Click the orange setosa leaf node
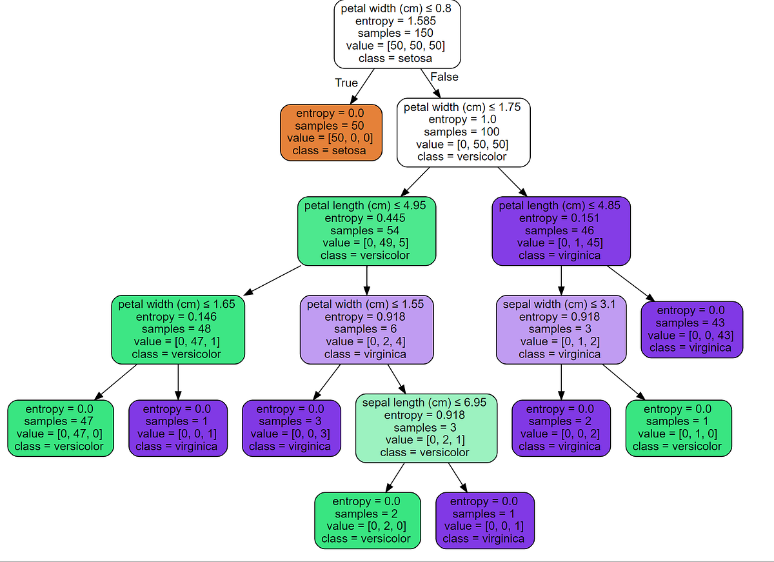coord(331,132)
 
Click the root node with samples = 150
coord(397,34)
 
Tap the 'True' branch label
coord(346,83)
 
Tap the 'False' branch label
coord(444,77)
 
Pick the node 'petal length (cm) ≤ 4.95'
coord(366,230)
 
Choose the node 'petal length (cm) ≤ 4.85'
coord(561,230)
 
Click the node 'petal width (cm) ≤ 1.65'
coord(177,329)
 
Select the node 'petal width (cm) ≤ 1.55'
coord(366,329)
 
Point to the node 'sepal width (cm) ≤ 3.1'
coord(561,329)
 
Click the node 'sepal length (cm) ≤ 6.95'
coord(426,428)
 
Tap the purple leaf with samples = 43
coord(691,329)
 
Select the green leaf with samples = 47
coord(60,428)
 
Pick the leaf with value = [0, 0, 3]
coord(291,428)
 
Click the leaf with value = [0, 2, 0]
coord(367,520)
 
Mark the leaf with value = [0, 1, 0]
coord(679,428)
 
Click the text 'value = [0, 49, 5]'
coord(366,243)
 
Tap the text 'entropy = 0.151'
coord(560,218)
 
